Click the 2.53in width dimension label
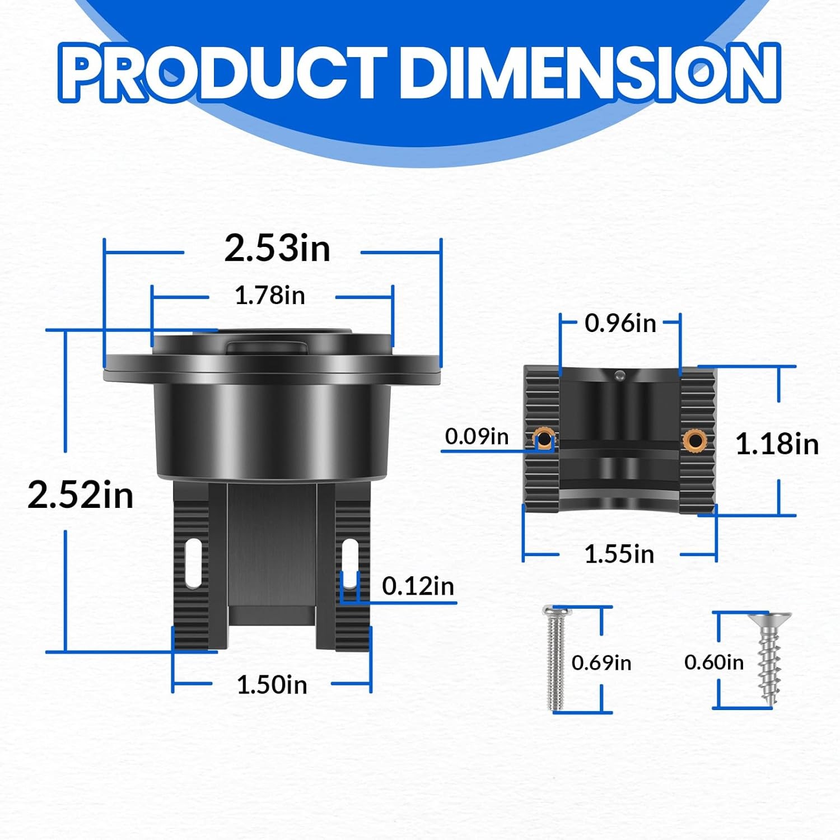coord(277,248)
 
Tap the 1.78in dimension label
coord(270,295)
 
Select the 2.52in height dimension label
coord(81,495)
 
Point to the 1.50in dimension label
coord(272,684)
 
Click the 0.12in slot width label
coord(418,586)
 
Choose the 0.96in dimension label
coord(620,323)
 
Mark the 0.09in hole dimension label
coord(477,436)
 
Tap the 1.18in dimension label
coord(777,444)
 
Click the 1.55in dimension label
coord(619,554)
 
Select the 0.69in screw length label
coord(601,663)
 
